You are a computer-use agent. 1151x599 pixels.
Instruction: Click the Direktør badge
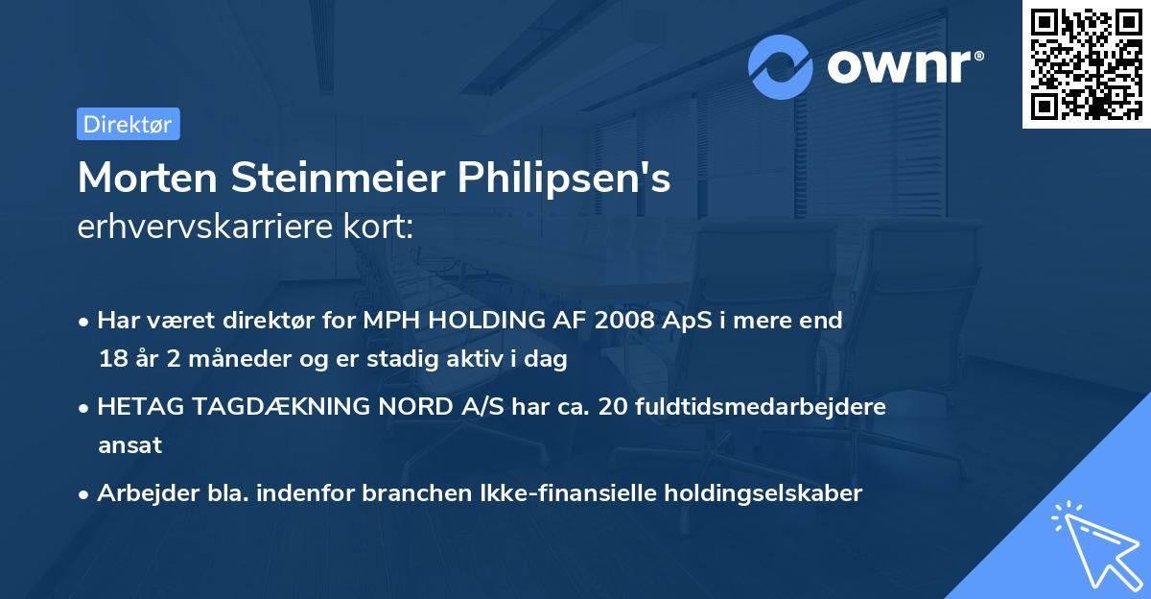(x=128, y=124)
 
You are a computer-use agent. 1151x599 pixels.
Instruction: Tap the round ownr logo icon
(x=781, y=66)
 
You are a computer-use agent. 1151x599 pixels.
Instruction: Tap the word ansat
(x=129, y=445)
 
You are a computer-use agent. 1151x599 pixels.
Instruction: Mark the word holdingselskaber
(x=759, y=493)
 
